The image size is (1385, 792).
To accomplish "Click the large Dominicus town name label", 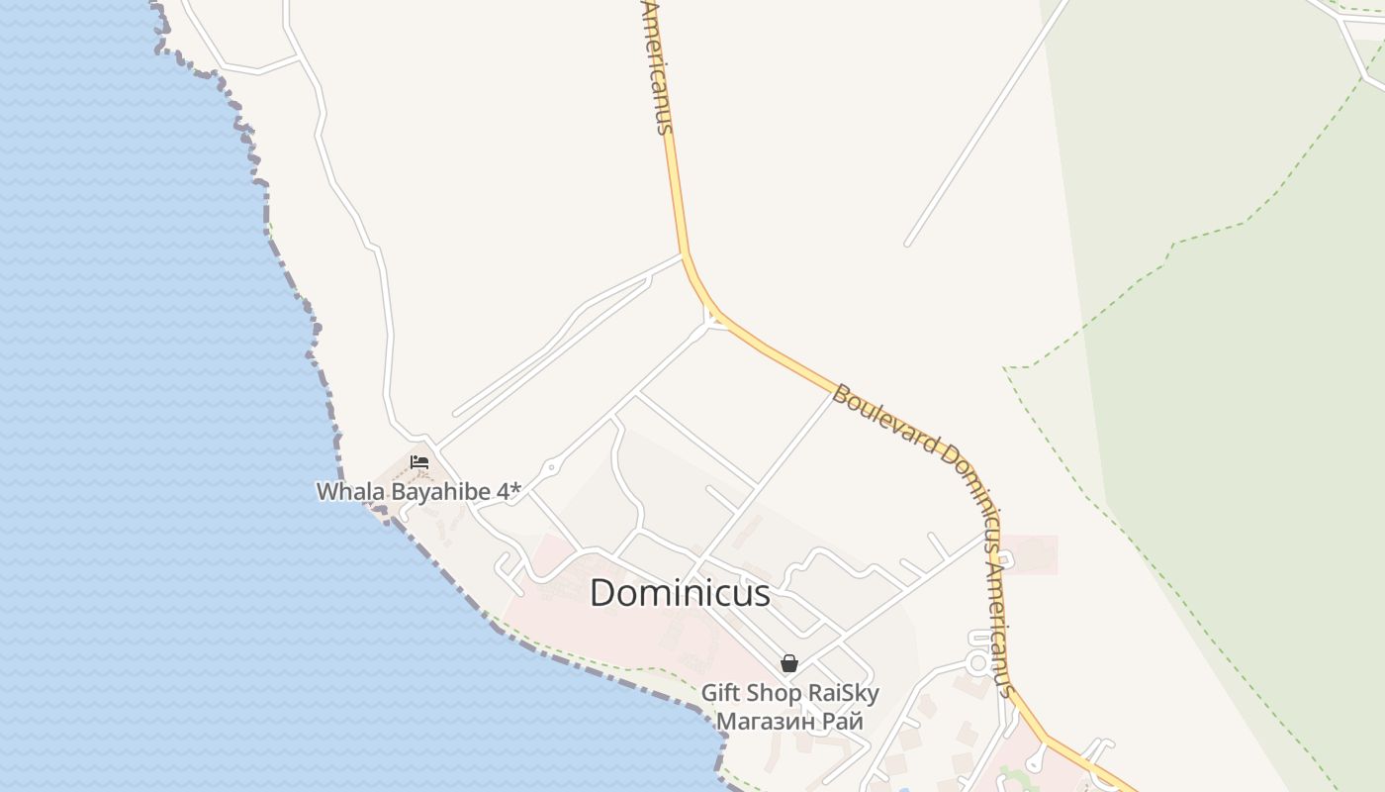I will pos(680,593).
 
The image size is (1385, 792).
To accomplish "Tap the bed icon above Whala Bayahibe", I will pos(419,462).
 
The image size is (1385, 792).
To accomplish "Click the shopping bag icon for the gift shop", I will pos(789,663).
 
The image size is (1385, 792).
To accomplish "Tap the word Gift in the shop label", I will pos(721,693).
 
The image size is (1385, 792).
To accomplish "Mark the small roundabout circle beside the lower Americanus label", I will pos(979,661).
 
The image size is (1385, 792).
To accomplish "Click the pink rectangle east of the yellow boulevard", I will pos(1029,554).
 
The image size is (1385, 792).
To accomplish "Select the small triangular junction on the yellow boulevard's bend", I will pos(714,320).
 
